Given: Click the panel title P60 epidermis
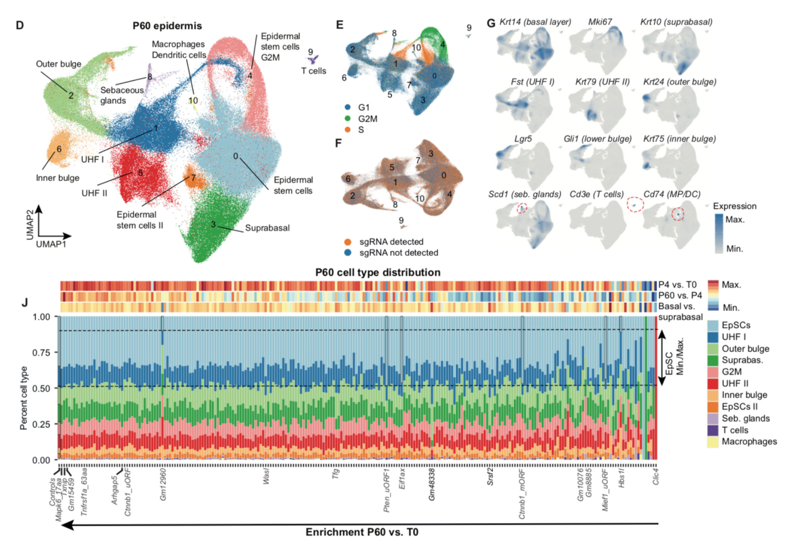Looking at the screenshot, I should click(167, 26).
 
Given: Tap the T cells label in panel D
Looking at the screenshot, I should click(313, 71).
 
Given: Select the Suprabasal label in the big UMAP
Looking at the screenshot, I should click(267, 228).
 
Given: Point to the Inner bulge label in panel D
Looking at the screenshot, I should click(58, 178).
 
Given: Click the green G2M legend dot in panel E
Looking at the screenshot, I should click(348, 119).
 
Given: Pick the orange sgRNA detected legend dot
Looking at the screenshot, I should click(348, 242).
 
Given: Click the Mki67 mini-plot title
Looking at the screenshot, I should click(600, 22).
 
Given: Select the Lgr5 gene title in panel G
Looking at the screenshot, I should click(523, 139).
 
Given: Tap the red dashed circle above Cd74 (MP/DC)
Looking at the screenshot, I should click(635, 204).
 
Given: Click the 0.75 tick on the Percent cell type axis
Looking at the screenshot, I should click(41, 352).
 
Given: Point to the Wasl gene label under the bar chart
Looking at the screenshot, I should click(266, 476).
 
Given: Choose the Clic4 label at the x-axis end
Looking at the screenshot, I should click(656, 477).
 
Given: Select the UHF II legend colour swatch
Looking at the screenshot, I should click(713, 383).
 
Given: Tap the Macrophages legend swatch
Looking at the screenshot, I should click(713, 442).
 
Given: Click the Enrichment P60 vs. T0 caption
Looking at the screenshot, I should click(362, 532).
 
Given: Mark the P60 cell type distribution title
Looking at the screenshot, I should click(378, 273).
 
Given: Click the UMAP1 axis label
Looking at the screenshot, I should click(51, 244).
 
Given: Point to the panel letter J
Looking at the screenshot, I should click(25, 303).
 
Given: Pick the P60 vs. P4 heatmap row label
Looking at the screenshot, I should click(680, 296).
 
